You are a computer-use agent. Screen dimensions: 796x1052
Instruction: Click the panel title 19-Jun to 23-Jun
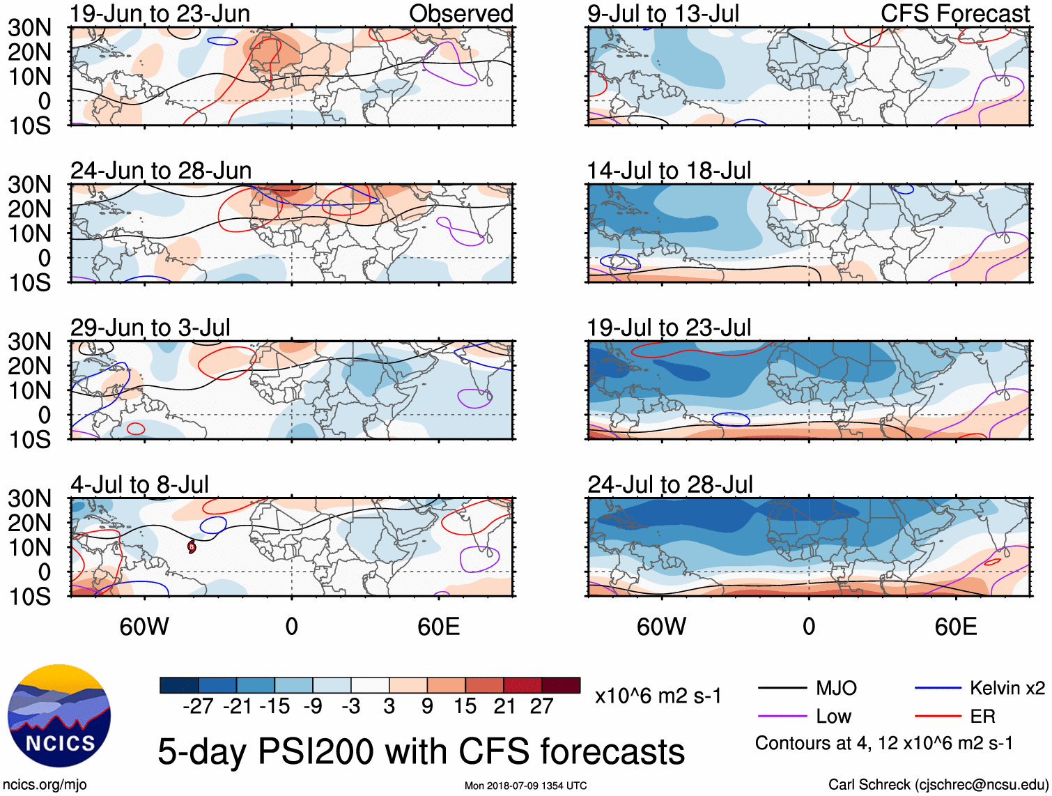tap(160, 13)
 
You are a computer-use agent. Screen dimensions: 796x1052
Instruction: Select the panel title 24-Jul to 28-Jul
tap(670, 484)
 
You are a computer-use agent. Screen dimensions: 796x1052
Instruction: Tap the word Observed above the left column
tap(461, 13)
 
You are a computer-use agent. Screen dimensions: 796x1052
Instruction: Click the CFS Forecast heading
tap(954, 13)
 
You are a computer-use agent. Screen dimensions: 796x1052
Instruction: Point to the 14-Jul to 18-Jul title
tap(669, 171)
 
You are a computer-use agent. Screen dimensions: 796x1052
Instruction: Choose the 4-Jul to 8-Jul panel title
tap(139, 484)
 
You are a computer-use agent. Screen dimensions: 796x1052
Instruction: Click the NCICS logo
tap(59, 716)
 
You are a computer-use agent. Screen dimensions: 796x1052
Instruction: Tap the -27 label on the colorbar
tap(198, 706)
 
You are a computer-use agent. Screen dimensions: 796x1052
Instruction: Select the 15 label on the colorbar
tap(465, 706)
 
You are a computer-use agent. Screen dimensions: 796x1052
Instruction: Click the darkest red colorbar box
tap(561, 685)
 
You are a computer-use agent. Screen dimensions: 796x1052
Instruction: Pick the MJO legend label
tap(836, 689)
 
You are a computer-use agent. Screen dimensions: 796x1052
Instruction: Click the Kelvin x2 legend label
tap(1007, 689)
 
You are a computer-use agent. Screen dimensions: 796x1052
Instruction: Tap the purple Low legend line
tap(782, 716)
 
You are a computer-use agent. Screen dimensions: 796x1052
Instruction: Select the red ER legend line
tap(938, 716)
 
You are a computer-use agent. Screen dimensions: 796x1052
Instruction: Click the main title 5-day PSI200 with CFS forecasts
tap(421, 751)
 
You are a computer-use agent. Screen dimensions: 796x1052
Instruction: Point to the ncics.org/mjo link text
tap(45, 785)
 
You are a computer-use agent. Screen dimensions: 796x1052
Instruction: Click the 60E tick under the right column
tap(955, 627)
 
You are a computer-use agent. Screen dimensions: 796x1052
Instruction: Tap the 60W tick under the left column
tap(144, 627)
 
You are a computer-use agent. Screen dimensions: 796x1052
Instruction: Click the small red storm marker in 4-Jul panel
tap(192, 547)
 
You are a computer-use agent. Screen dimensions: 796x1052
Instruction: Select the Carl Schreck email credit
tap(938, 785)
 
